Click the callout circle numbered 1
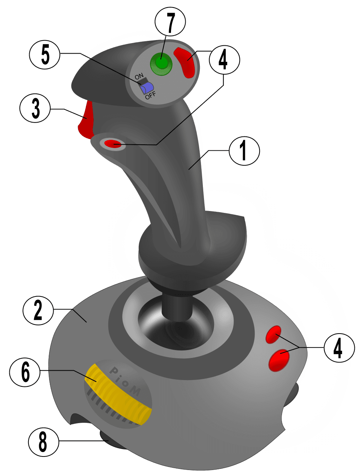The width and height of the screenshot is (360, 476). coord(244,151)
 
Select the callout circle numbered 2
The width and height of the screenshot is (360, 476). coord(38,311)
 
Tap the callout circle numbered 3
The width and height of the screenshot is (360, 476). coord(35,109)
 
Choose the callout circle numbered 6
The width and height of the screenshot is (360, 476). coord(25,372)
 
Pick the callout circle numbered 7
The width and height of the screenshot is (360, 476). coord(171,22)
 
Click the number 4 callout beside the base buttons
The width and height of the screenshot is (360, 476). coord(339,348)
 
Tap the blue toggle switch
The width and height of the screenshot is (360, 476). coord(147,88)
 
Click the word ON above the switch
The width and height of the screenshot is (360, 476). coord(139,76)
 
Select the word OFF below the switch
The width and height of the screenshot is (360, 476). coord(150,95)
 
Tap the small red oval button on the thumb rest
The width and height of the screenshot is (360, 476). coord(113,143)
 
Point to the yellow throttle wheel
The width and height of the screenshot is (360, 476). coord(118,394)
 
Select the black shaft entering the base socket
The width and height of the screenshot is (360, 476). coord(177,305)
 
